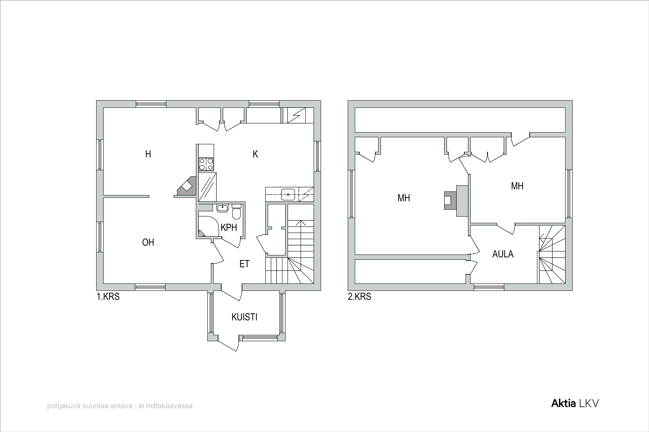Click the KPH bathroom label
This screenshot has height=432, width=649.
coord(229,228)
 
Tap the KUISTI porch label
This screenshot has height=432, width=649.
coord(244,317)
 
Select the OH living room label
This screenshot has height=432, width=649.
coord(148,242)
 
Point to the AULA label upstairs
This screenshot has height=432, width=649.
coord(503,254)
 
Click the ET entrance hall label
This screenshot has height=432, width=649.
coord(244,264)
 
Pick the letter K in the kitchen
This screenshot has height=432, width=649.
coord(255,154)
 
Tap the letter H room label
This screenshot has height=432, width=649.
coord(148,154)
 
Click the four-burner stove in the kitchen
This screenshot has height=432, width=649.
coord(206,164)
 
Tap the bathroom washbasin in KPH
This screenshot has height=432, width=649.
coord(222,208)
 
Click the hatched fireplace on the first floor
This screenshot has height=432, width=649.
coord(186,187)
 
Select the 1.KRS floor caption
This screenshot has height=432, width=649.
coord(108,297)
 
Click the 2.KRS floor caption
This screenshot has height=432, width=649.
coord(360,297)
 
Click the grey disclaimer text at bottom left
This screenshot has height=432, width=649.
coord(120,406)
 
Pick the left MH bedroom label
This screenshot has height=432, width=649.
coord(404,198)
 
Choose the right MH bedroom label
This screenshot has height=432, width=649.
coord(517,186)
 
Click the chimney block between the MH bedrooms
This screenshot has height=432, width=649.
coord(463,201)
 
